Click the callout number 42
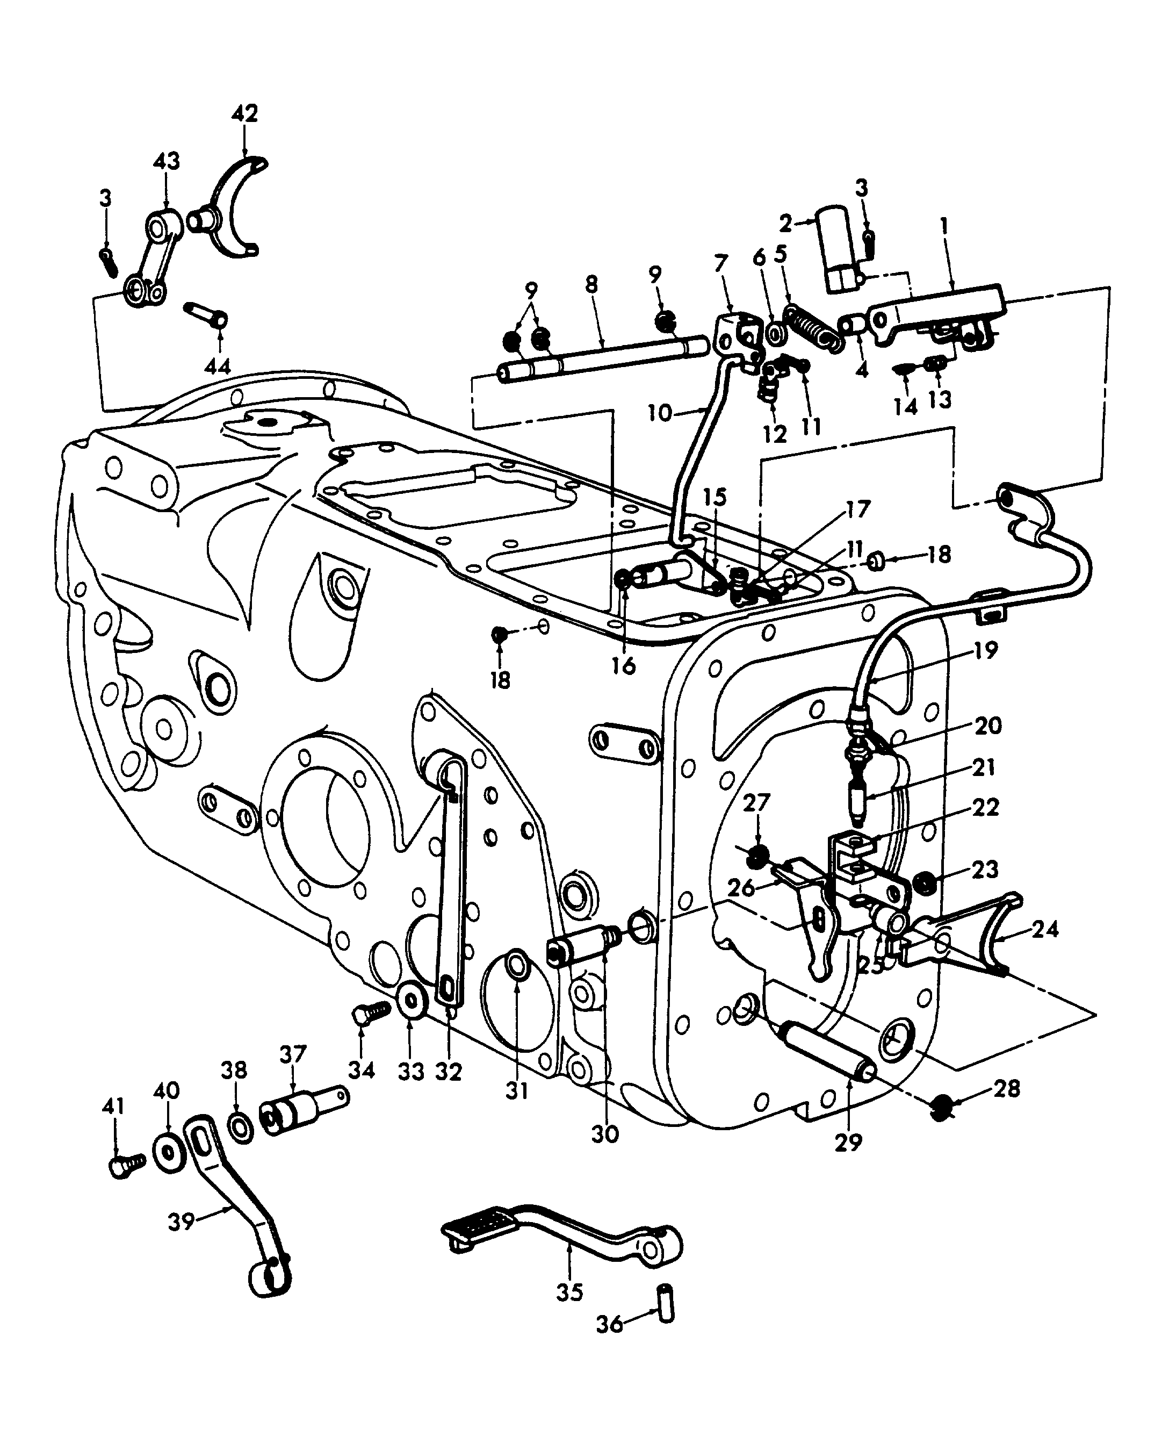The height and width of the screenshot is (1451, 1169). [244, 113]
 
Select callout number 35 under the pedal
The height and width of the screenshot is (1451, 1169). [569, 1292]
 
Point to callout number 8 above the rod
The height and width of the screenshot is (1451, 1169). [591, 285]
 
